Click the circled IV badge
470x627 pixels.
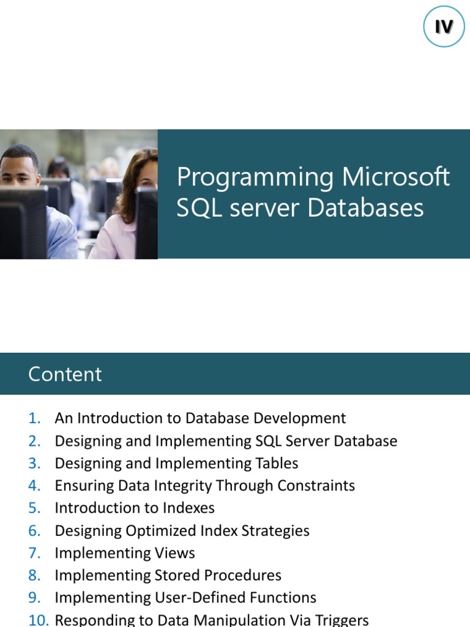point(444,27)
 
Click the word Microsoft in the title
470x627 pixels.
point(396,178)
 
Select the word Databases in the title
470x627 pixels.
point(365,208)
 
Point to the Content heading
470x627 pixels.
point(65,374)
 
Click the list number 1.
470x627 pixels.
point(34,418)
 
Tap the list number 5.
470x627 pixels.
point(34,508)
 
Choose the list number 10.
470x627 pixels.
point(38,620)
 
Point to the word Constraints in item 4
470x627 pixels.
point(316,486)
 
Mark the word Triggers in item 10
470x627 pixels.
point(340,620)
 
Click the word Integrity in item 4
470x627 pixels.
point(173,486)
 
